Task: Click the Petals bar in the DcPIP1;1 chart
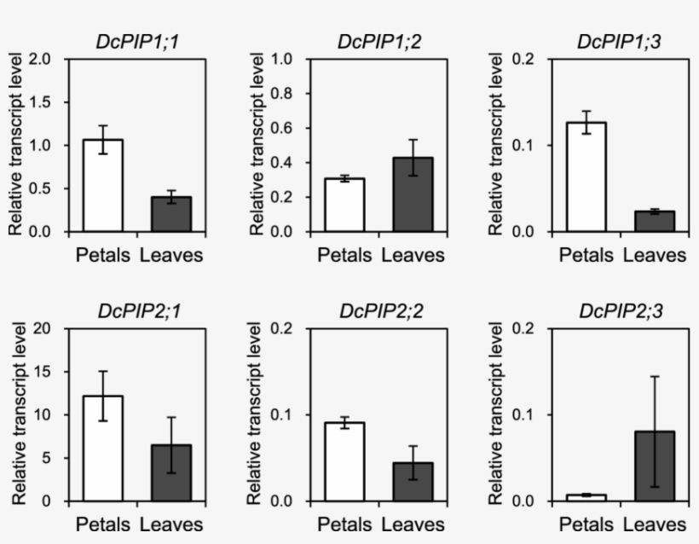click(103, 185)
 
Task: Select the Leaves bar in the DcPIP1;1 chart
click(171, 214)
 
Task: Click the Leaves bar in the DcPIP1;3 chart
click(654, 221)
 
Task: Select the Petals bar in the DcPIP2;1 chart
click(103, 449)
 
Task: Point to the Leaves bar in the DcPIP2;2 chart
click(413, 482)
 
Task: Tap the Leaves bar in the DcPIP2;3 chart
click(654, 466)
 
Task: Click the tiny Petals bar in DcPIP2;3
click(585, 497)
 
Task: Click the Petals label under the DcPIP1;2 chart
click(344, 255)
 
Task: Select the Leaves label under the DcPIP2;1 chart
click(171, 524)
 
